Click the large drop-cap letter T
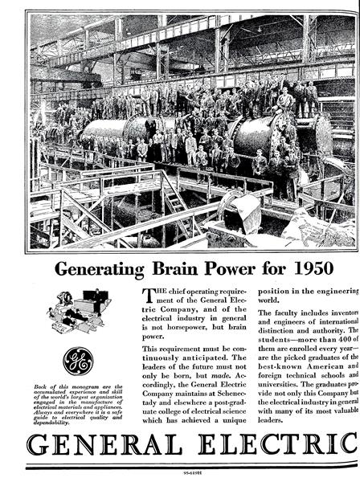click(x=147, y=295)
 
